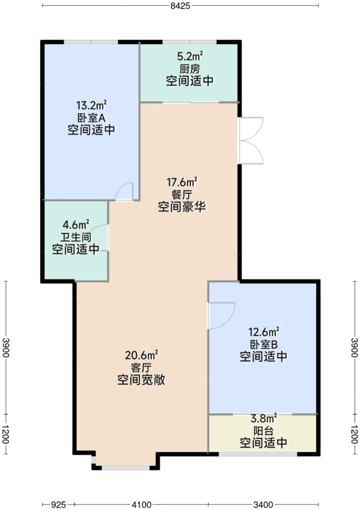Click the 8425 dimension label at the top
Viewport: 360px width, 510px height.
point(180,6)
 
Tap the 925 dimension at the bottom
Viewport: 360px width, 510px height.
point(59,505)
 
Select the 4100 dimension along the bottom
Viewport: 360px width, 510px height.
point(141,505)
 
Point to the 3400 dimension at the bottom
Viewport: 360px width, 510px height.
point(263,505)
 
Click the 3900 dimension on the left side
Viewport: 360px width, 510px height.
point(6,348)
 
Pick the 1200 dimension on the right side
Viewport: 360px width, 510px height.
point(355,434)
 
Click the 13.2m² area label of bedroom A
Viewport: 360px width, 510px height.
point(91,105)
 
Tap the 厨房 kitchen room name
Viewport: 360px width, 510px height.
point(189,69)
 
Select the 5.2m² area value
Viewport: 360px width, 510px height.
point(190,56)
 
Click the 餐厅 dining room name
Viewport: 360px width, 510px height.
point(182,195)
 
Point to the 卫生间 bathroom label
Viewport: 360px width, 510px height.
point(76,237)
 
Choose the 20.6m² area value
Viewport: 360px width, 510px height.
point(141,355)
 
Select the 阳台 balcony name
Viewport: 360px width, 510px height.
point(263,431)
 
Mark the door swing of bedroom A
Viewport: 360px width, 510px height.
point(124,192)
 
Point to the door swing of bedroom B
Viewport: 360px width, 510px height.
point(221,315)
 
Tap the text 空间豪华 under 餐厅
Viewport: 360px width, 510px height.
point(182,207)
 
